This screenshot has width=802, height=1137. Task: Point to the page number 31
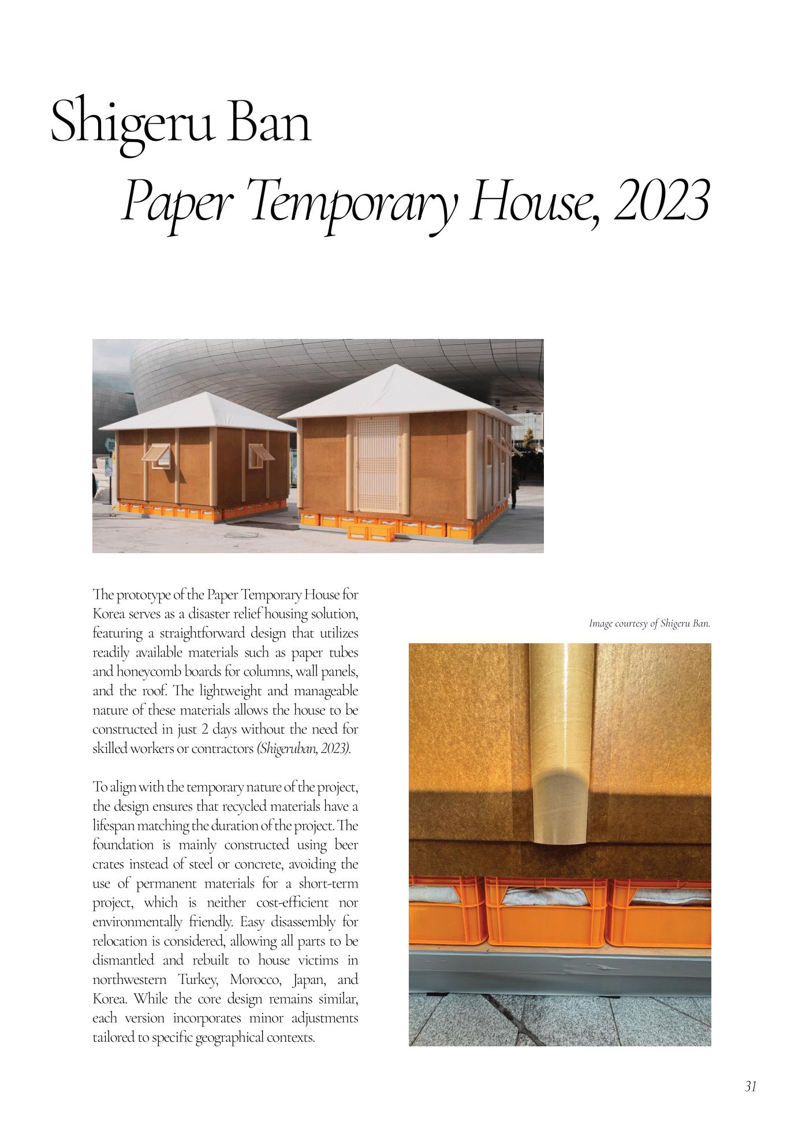750,1086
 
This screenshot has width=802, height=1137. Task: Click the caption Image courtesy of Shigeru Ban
649,624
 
